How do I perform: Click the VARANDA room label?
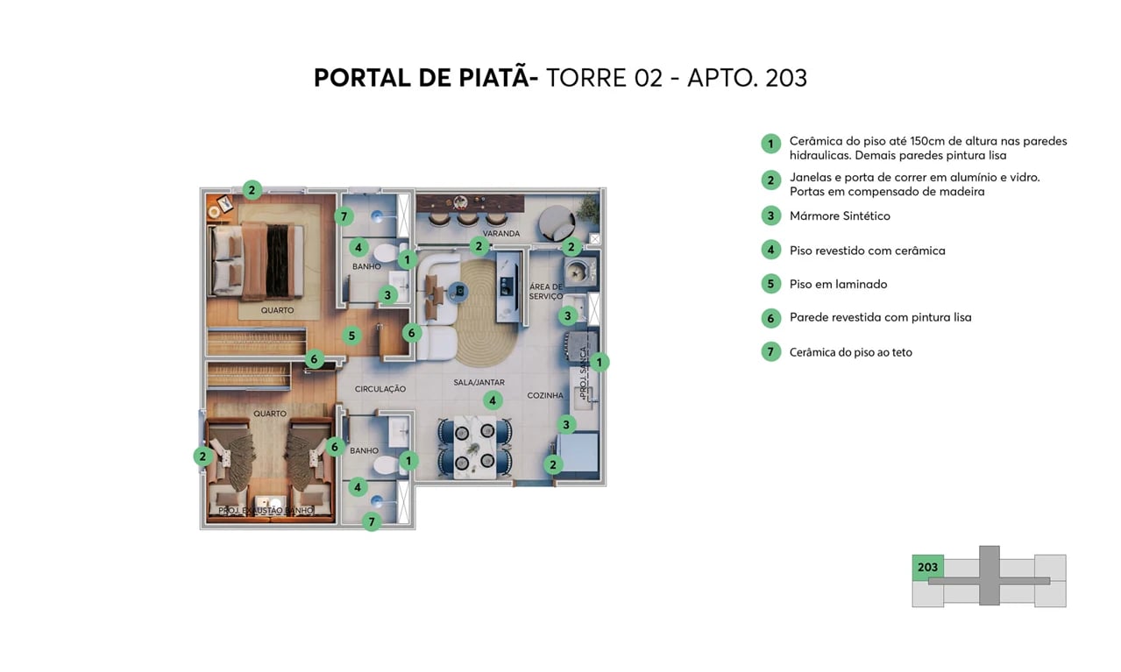tap(501, 234)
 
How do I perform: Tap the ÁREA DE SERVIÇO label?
tap(545, 292)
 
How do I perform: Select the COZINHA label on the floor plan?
tap(545, 396)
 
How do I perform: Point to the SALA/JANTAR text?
tap(479, 383)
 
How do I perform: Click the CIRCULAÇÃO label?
tap(380, 389)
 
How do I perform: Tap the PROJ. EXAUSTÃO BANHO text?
tap(266, 510)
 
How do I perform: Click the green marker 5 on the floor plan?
tap(351, 335)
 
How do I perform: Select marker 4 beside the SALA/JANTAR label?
tap(493, 400)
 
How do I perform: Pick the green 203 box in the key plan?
tap(927, 568)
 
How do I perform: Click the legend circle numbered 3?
tap(770, 216)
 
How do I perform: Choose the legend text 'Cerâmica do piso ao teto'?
tap(850, 352)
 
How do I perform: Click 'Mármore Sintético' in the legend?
tap(839, 216)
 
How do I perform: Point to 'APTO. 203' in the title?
tap(747, 78)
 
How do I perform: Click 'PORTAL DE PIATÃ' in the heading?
tap(421, 78)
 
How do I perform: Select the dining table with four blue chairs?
tap(475, 446)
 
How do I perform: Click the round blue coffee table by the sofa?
tap(458, 292)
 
